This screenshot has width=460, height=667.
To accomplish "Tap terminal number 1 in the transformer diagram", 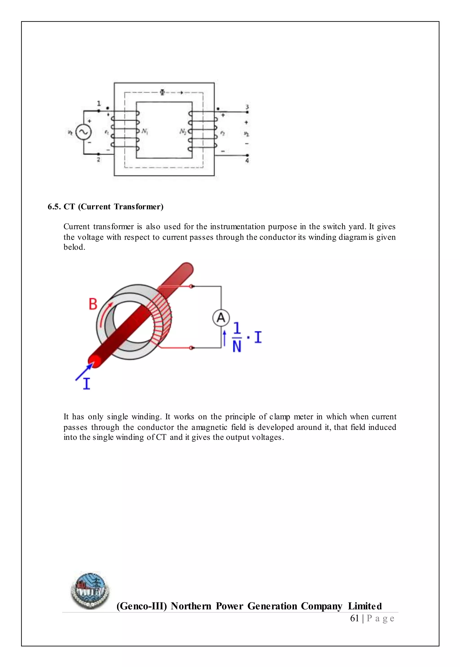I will tap(99, 103).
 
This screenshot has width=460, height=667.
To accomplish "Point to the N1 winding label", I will tap(145, 132).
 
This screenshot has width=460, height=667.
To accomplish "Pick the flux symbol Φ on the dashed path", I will tap(162, 92).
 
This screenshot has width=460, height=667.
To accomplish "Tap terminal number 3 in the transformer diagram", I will tap(247, 107).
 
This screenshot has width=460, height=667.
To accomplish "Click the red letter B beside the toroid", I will tap(93, 304).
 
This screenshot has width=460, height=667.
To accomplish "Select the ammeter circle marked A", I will tap(221, 318).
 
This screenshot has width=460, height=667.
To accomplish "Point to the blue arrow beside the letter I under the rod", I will tap(84, 372).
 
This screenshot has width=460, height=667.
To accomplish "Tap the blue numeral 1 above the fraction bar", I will tap(237, 328).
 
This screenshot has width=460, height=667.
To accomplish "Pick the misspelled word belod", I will tap(74, 247).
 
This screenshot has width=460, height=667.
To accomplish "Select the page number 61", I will tap(354, 618).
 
